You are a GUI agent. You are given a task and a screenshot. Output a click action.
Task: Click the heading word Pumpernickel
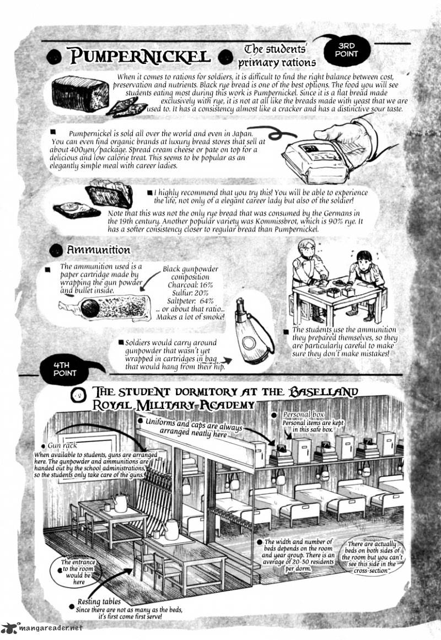139,56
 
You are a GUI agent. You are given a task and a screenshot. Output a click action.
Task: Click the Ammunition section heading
99,250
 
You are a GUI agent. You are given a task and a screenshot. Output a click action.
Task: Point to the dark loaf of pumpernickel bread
80,94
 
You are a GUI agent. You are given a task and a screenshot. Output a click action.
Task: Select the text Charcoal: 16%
190,285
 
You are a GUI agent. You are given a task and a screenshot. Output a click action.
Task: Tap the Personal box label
303,415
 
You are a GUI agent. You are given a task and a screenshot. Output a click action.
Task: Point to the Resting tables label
99,601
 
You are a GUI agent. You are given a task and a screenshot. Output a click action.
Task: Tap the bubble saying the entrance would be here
78,572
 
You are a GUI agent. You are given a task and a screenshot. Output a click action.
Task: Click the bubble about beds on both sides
372,557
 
